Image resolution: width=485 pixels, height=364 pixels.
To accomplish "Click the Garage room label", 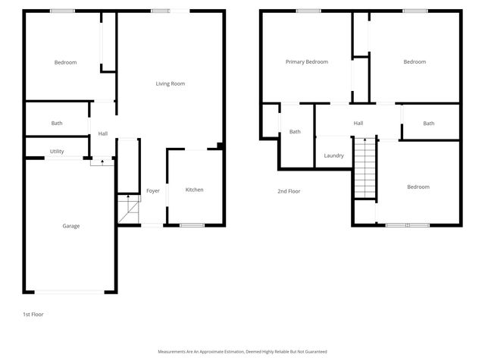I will click(x=71, y=226).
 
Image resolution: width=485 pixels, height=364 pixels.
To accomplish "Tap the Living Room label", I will click(x=171, y=83).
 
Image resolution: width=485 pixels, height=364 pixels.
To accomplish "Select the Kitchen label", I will click(x=195, y=190).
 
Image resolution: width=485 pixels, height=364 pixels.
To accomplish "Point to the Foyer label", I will click(x=153, y=190).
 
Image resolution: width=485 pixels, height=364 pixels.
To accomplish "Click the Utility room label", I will click(x=57, y=152).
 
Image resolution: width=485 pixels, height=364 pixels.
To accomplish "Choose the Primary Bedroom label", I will click(x=306, y=62).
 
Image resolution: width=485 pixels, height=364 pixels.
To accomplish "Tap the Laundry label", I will click(x=333, y=156).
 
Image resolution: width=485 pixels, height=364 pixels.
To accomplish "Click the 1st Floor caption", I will click(x=33, y=314).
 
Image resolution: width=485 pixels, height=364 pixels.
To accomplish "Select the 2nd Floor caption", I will click(x=289, y=191).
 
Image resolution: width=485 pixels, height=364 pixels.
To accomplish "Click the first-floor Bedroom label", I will click(x=65, y=62).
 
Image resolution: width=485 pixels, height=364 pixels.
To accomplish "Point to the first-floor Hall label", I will click(x=102, y=134).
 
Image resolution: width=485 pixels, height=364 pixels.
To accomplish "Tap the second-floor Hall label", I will click(x=358, y=124).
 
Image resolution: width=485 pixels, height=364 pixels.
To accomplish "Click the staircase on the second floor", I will click(x=366, y=167).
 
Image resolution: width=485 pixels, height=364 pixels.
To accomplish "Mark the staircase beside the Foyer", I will click(x=129, y=209).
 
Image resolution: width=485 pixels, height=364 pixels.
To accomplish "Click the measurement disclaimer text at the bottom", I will click(x=242, y=352).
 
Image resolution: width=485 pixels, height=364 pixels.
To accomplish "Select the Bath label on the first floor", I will click(x=57, y=123).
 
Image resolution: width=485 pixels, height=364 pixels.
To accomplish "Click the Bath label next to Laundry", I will click(x=295, y=132).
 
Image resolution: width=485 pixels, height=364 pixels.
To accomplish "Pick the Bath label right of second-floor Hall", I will click(x=429, y=124).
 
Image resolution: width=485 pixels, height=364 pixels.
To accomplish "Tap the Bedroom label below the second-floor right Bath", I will click(x=418, y=187).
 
